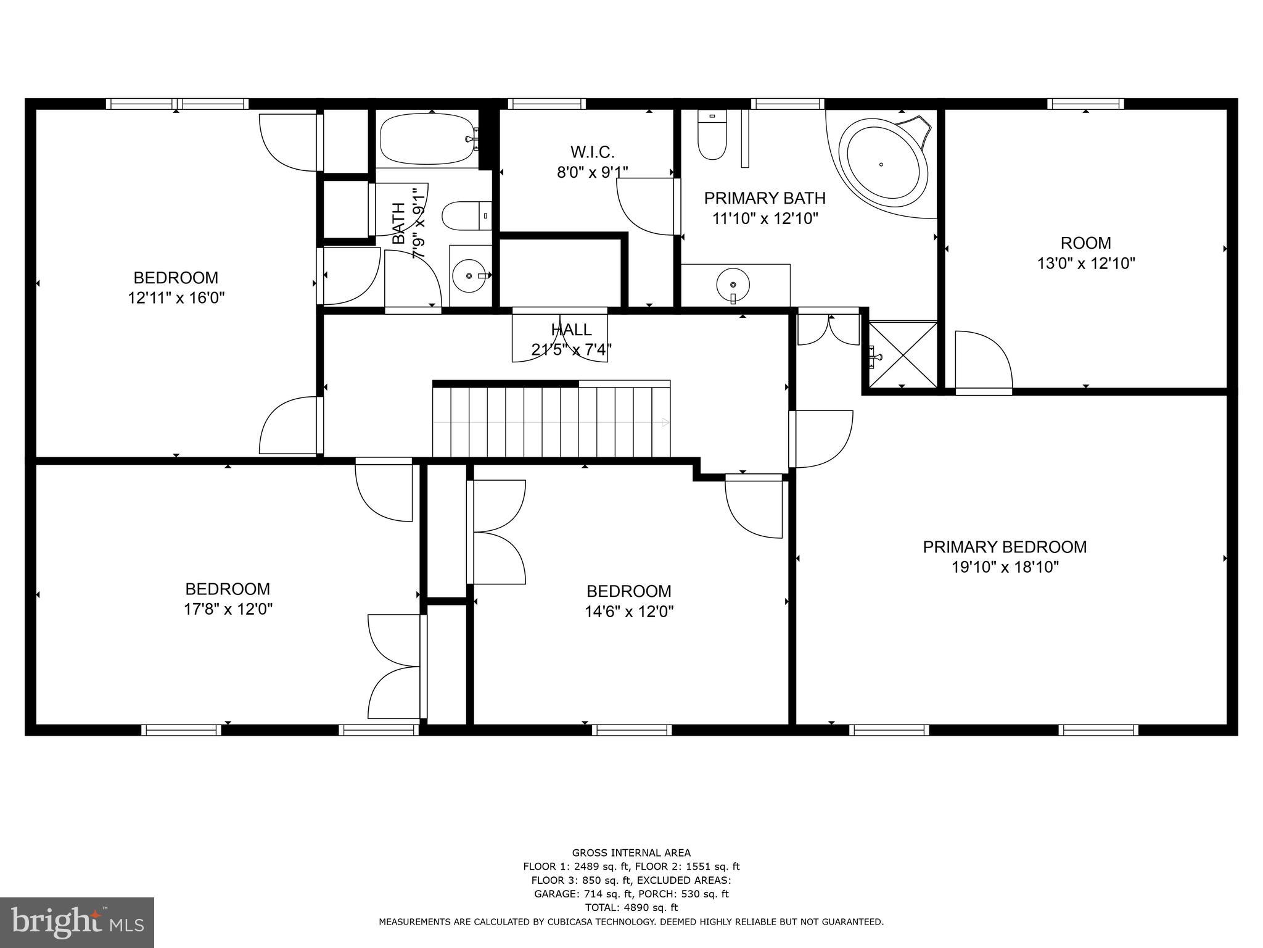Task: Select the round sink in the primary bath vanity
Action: click(x=733, y=285)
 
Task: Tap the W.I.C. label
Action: click(x=592, y=152)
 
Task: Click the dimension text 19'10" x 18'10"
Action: click(x=1005, y=567)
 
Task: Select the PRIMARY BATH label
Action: click(x=765, y=198)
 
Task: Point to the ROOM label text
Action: click(x=1085, y=243)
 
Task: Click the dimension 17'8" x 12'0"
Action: click(x=228, y=609)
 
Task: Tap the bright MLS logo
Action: click(x=77, y=922)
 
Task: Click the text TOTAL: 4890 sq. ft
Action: click(x=631, y=907)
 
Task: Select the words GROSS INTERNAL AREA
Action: click(x=631, y=853)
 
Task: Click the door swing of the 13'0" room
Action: click(x=984, y=362)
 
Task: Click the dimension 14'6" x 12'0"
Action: click(x=628, y=612)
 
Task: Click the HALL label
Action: click(x=571, y=330)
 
